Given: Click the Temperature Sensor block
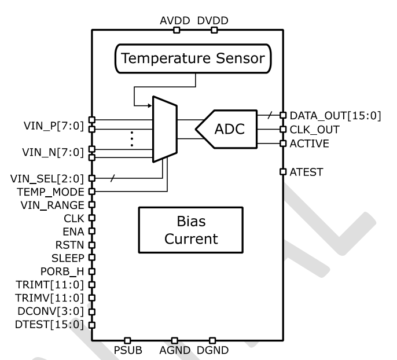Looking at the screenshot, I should pyautogui.click(x=196, y=59).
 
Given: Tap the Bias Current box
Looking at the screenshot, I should pyautogui.click(x=196, y=230).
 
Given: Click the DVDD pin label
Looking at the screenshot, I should pyautogui.click(x=213, y=21).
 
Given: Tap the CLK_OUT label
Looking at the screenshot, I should pyautogui.click(x=314, y=129).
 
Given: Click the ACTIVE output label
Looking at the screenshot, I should pyautogui.click(x=310, y=143).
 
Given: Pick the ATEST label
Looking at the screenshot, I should pyautogui.click(x=306, y=171).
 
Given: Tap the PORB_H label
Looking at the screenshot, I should pyautogui.click(x=65, y=271).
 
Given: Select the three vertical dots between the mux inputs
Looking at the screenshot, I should pyautogui.click(x=131, y=138).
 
